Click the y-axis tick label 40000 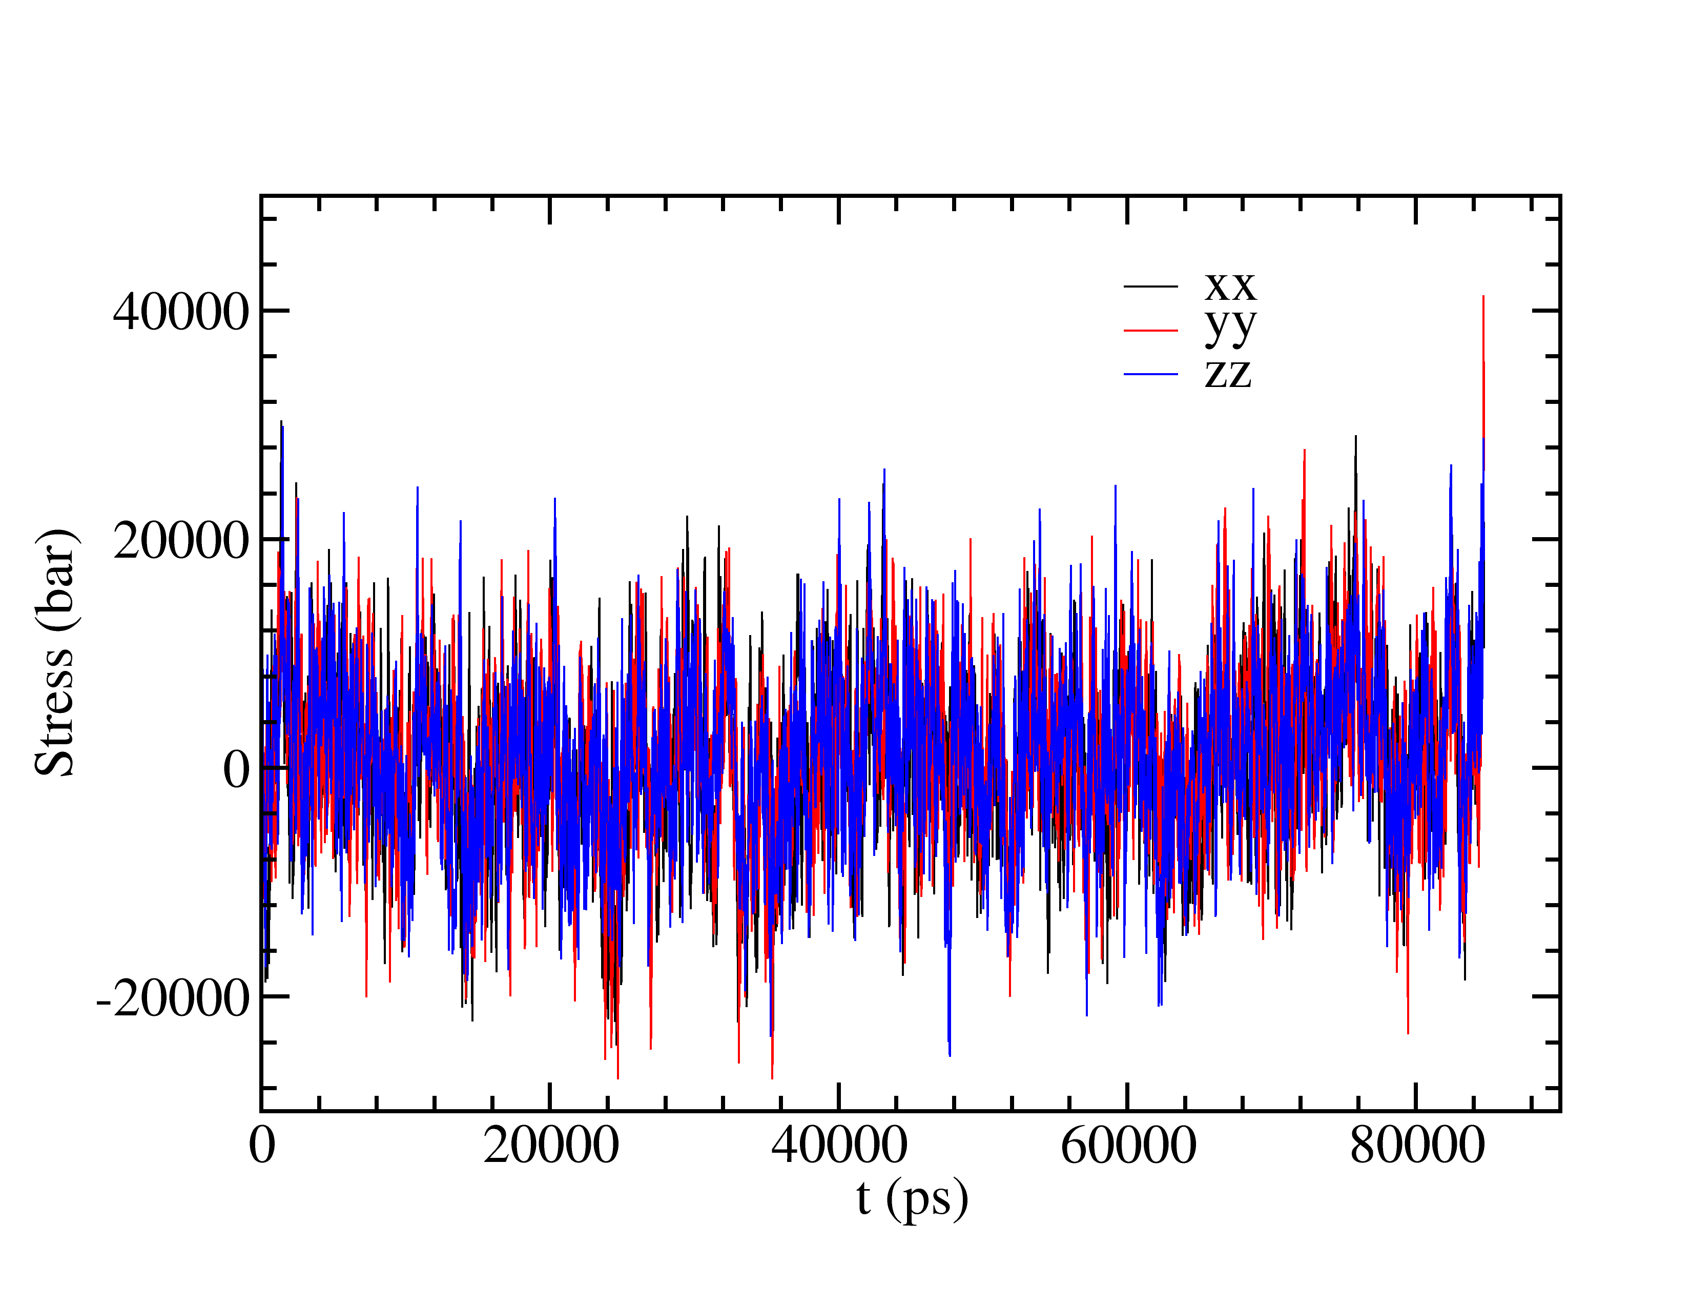point(180,313)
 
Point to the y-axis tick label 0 point(236,770)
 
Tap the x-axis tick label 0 point(262,1146)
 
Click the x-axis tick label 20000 point(550,1146)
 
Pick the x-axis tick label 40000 point(839,1146)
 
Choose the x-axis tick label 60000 point(1128,1146)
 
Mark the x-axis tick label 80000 point(1417,1146)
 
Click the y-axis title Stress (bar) point(56,652)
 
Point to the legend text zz point(1228,373)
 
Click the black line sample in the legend point(1150,287)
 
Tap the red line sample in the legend point(1150,331)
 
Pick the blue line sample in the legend point(1150,375)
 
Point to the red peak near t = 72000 point(1305,452)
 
